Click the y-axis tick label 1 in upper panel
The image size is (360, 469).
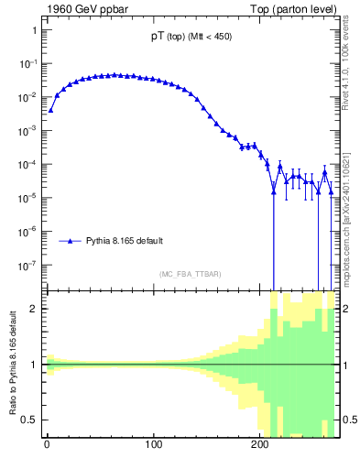pos(34,30)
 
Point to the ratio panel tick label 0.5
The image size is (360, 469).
pos(30,420)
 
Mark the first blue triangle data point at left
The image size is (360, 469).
pos(50,110)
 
